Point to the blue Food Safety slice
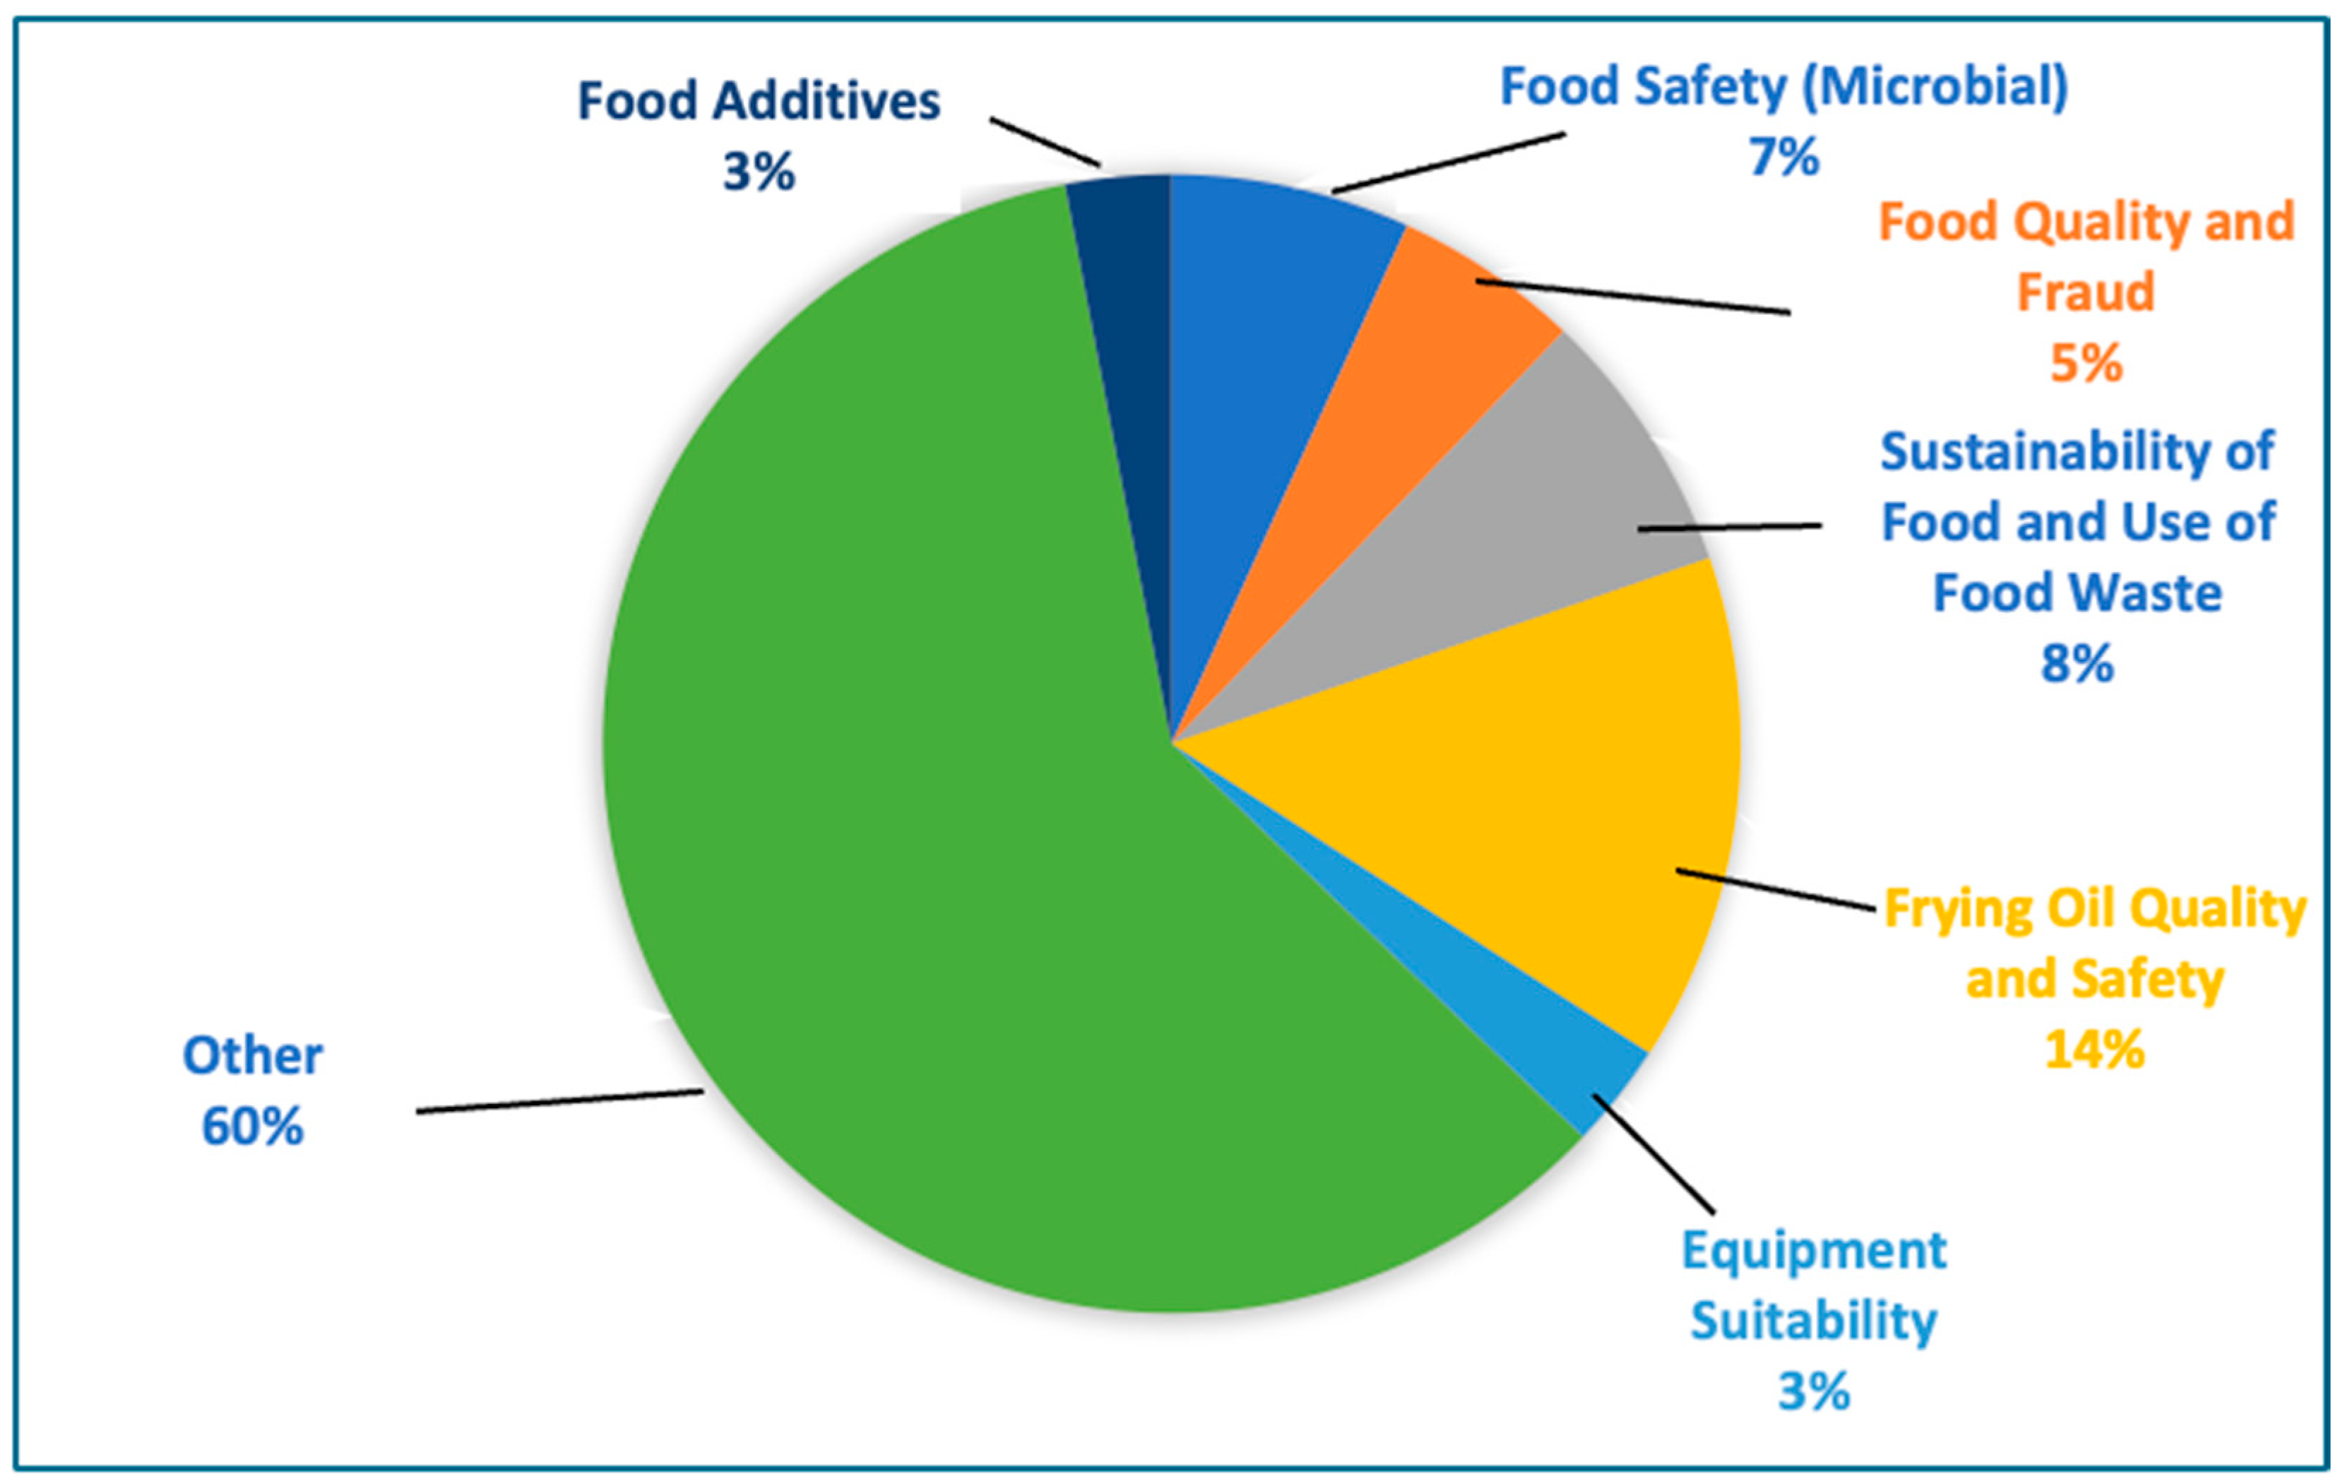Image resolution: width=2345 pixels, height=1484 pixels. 1266,311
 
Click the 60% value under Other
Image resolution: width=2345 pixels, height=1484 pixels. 252,1127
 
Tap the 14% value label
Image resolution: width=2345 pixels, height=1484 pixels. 2094,1050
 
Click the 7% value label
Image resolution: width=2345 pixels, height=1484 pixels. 1783,157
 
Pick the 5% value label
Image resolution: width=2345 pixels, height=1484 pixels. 2085,363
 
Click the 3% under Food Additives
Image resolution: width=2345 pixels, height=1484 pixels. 758,172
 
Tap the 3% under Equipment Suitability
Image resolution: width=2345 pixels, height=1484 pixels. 1812,1391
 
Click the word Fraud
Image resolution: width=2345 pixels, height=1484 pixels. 2085,292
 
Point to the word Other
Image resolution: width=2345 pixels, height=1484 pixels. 252,1055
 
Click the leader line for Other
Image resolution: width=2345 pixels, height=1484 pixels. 560,1101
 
